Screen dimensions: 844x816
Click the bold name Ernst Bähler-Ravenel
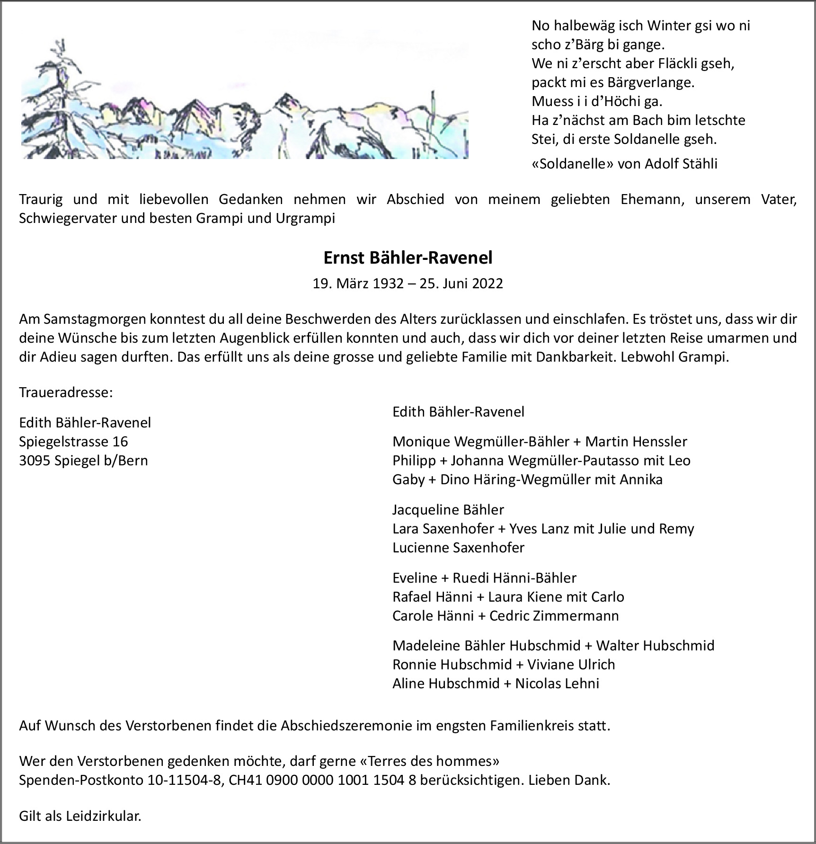click(408, 258)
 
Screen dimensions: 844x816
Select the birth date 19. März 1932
click(358, 284)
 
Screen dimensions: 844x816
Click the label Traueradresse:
click(66, 392)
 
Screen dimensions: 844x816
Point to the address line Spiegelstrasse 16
click(73, 441)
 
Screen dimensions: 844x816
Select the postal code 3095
click(35, 460)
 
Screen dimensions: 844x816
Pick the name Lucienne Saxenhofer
click(458, 547)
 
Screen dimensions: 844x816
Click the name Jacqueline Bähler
click(448, 509)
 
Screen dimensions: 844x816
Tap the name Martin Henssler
click(636, 441)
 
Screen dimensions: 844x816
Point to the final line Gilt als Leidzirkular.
click(80, 816)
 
